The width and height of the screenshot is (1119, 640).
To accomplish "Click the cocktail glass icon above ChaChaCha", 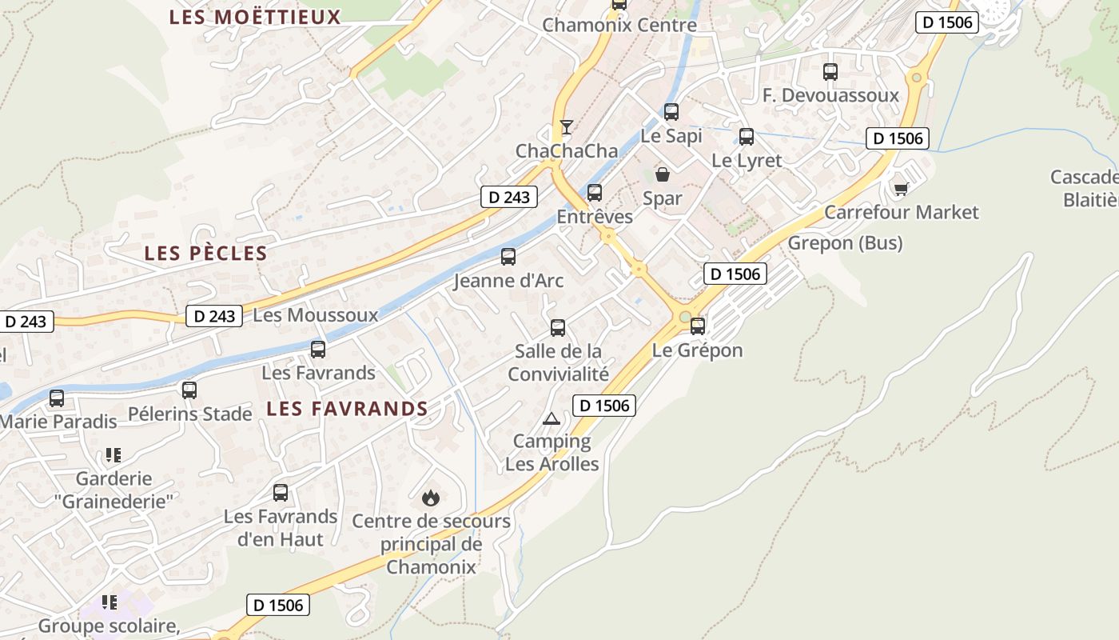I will [567, 126].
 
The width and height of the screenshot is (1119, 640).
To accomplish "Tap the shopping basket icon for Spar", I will [663, 174].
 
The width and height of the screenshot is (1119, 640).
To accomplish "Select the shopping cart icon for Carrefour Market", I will [902, 189].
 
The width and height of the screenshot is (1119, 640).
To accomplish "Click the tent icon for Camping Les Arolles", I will [552, 418].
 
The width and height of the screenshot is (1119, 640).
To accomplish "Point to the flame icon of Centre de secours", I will [431, 498].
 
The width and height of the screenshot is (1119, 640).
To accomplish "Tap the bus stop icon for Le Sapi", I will [671, 112].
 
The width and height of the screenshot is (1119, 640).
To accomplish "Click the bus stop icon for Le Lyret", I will [747, 137].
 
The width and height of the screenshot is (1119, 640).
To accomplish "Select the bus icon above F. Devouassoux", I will [830, 72].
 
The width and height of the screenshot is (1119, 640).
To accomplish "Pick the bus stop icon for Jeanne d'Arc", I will [508, 257].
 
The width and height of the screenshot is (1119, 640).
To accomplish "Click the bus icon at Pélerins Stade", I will [189, 390].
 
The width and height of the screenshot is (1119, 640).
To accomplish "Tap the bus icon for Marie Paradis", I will [57, 398].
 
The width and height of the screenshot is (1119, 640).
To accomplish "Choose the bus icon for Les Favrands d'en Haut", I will [281, 493].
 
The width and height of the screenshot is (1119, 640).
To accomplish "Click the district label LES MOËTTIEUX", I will [255, 17].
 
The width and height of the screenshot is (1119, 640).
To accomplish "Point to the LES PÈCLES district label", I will [205, 254].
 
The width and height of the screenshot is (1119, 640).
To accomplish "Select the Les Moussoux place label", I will [315, 315].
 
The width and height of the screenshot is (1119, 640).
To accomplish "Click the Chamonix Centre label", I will [619, 25].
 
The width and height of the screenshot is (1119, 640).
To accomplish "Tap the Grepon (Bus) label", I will [845, 242].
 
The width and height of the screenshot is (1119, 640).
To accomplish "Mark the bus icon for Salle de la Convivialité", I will [558, 328].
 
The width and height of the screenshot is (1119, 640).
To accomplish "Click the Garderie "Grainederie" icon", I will [113, 455].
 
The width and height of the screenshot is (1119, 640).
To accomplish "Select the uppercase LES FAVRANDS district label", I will [347, 409].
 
